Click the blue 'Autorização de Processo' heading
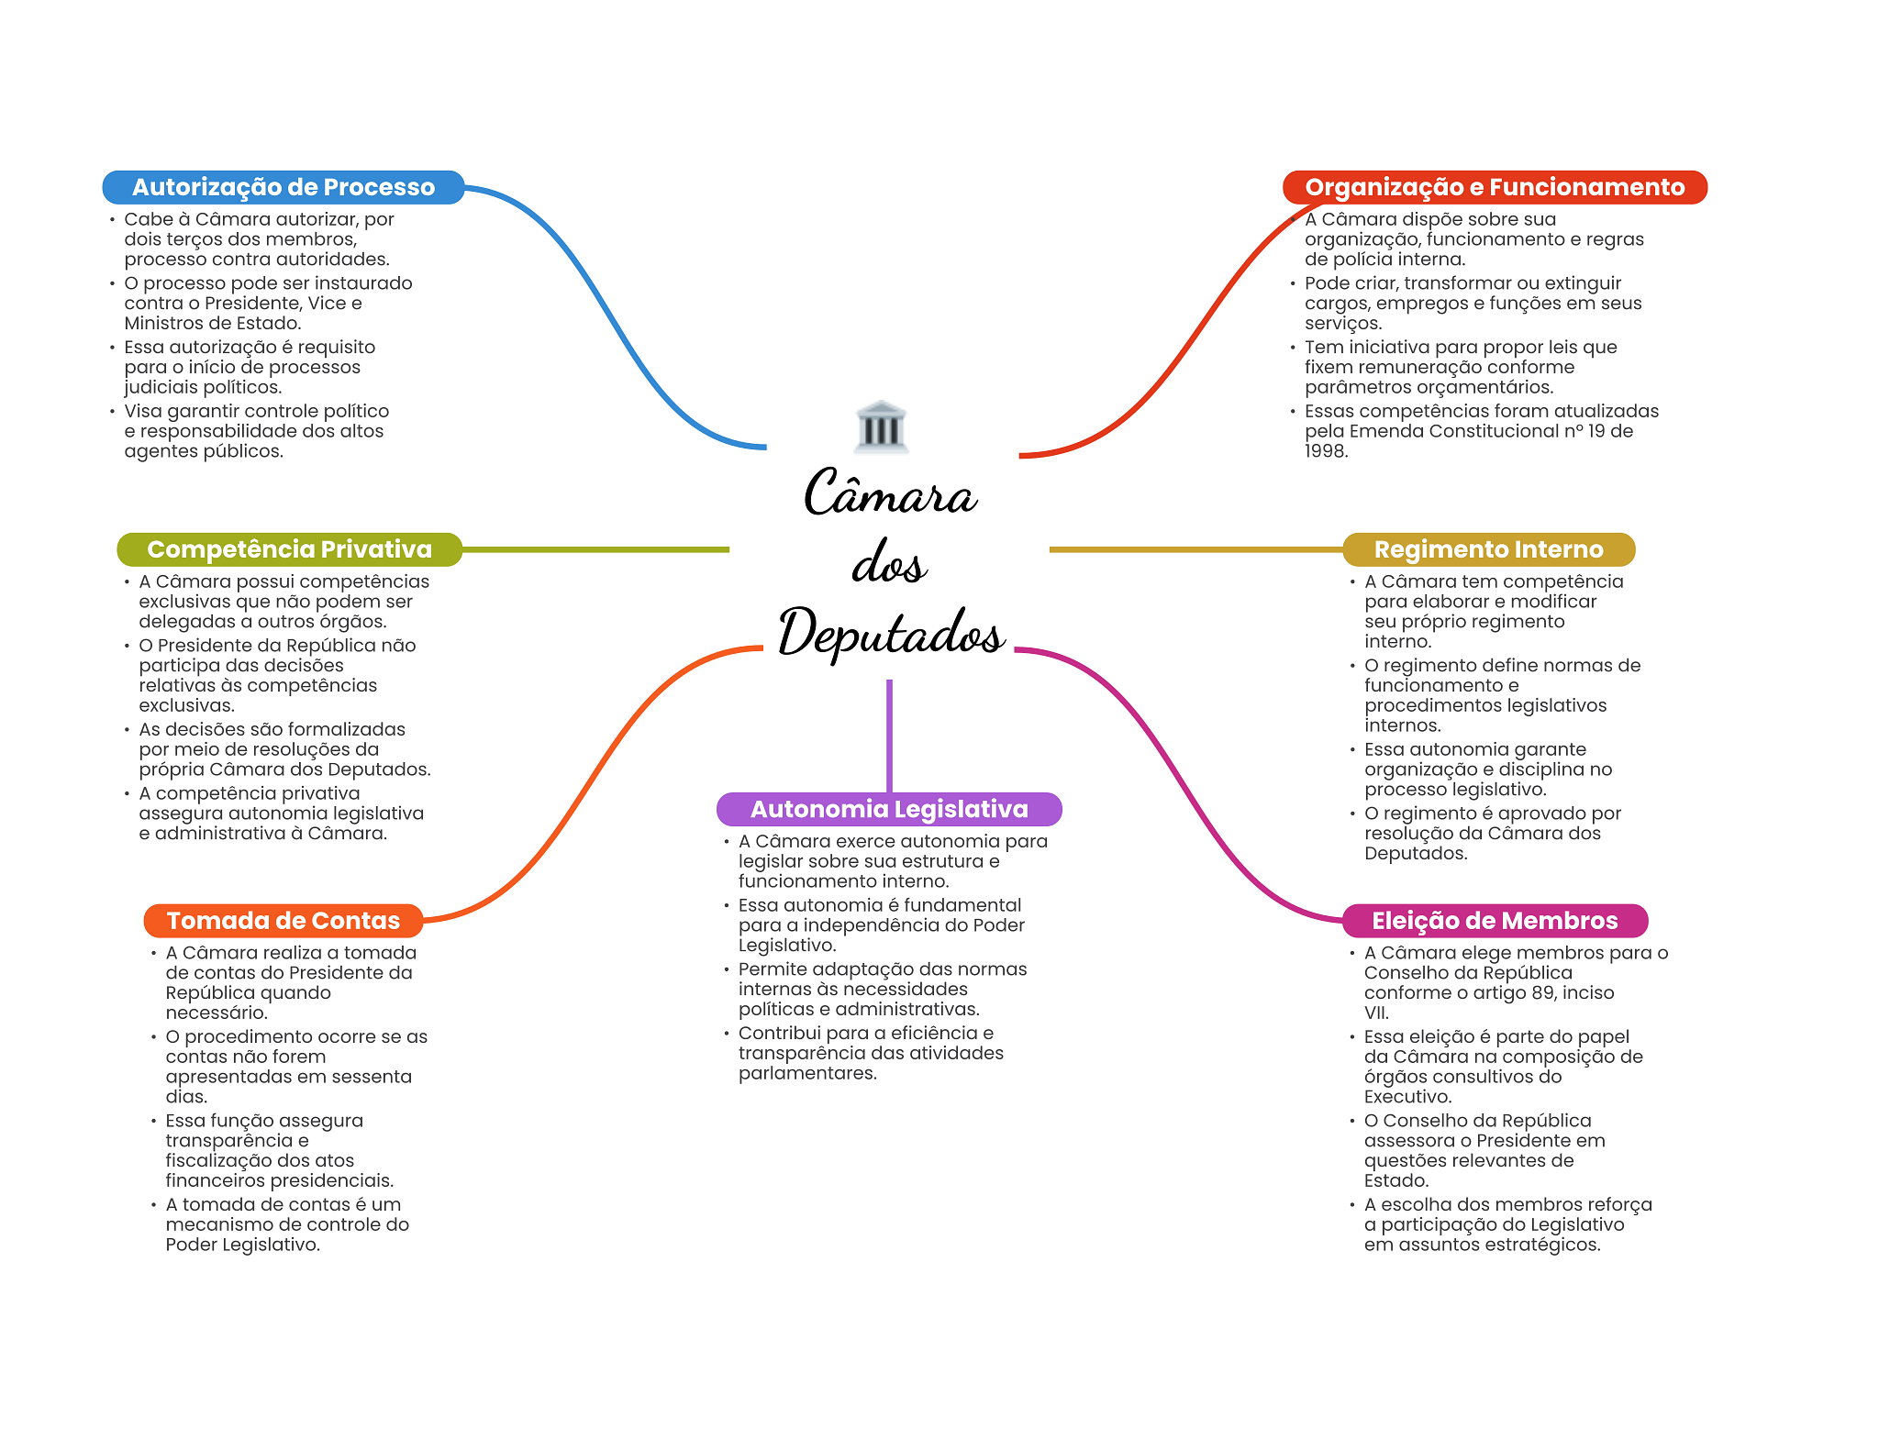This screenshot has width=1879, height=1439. point(284,187)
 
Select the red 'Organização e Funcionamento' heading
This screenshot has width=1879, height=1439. point(1495,187)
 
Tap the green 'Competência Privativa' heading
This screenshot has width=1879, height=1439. point(289,549)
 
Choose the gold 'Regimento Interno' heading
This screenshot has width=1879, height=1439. point(1488,549)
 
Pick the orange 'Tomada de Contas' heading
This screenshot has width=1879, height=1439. point(284,921)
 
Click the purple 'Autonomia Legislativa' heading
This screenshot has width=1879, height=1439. point(889,809)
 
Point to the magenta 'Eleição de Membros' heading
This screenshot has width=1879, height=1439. point(1495,921)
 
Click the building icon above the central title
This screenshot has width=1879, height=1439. point(881,426)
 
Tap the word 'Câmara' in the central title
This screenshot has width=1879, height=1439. point(891,493)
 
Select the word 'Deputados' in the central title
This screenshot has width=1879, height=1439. point(891,633)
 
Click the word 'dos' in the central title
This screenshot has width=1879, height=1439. point(889,562)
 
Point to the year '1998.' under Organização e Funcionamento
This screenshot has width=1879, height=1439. point(1326,451)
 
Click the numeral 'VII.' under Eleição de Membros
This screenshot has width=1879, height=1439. point(1376,1013)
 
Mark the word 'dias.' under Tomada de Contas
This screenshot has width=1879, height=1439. point(186,1097)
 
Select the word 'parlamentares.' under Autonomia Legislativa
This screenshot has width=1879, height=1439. point(807,1074)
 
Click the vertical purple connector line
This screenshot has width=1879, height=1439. point(889,736)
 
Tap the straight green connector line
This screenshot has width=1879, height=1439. point(595,549)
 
